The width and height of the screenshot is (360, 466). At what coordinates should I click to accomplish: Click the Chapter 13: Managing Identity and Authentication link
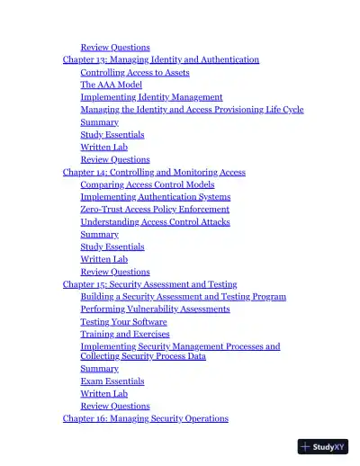pyautogui.click(x=160, y=59)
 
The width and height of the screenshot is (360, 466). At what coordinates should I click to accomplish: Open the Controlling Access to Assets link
pyautogui.click(x=134, y=72)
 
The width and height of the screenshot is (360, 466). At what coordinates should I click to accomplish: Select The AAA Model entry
pyautogui.click(x=111, y=85)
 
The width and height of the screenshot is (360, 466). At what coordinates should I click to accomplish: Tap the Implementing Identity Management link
pyautogui.click(x=151, y=97)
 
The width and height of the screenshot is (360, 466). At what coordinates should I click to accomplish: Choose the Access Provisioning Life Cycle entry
pyautogui.click(x=192, y=110)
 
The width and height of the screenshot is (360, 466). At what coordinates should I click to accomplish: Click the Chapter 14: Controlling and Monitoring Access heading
pyautogui.click(x=154, y=172)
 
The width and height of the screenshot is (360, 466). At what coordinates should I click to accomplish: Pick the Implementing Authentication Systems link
pyautogui.click(x=155, y=197)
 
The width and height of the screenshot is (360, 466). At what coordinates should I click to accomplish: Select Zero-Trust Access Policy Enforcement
pyautogui.click(x=155, y=210)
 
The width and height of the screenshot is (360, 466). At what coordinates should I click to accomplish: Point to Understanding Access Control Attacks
pyautogui.click(x=155, y=222)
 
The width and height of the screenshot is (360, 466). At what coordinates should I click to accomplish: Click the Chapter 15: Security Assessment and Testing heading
pyautogui.click(x=149, y=284)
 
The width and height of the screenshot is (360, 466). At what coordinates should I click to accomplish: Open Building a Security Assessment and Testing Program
pyautogui.click(x=183, y=297)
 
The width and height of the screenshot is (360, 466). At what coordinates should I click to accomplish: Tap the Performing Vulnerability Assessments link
pyautogui.click(x=155, y=309)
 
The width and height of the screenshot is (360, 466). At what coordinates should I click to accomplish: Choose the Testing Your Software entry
pyautogui.click(x=123, y=322)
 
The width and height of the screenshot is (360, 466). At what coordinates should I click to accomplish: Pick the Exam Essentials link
pyautogui.click(x=112, y=381)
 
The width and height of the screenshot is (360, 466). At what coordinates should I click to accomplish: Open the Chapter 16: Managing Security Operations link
pyautogui.click(x=145, y=418)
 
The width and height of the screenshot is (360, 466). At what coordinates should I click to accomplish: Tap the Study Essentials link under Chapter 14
pyautogui.click(x=112, y=246)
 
